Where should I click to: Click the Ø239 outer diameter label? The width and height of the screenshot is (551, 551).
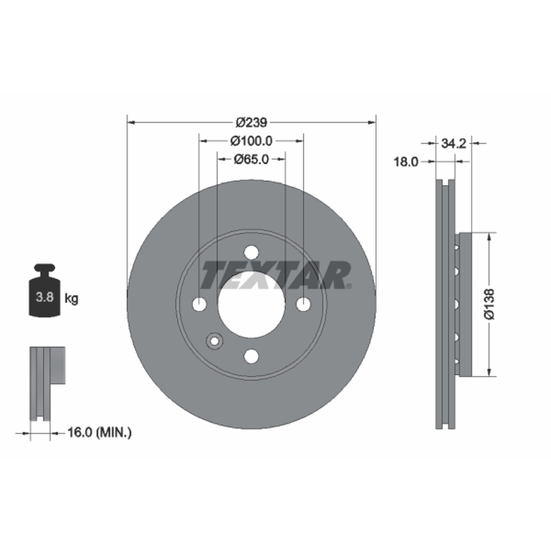251,123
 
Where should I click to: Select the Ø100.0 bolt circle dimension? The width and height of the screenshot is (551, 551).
251,141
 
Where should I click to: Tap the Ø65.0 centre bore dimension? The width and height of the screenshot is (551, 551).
251,159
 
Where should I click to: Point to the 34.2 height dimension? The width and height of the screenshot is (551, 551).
453,143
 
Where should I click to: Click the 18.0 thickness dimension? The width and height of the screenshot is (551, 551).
406,162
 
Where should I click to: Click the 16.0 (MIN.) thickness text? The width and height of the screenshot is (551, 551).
99,433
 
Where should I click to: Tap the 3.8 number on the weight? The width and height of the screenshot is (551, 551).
45,298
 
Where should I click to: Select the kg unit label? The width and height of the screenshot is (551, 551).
72,299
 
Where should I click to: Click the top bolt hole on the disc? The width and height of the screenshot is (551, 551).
251,252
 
